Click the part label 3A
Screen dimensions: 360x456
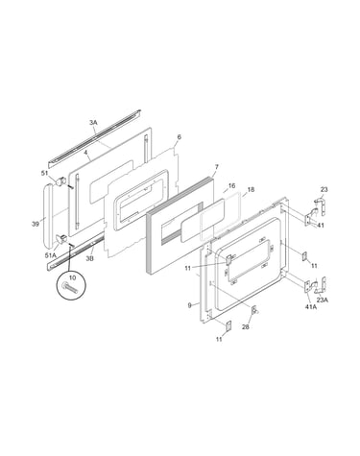93,122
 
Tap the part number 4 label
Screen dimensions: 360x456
85,153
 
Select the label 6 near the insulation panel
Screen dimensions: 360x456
179,137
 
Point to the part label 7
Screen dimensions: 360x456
216,167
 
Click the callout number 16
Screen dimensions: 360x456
232,186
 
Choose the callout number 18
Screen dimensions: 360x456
251,190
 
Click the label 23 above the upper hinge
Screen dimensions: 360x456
324,189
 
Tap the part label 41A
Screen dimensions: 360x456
311,308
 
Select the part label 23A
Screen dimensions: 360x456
323,300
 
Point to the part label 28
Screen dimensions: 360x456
246,327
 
